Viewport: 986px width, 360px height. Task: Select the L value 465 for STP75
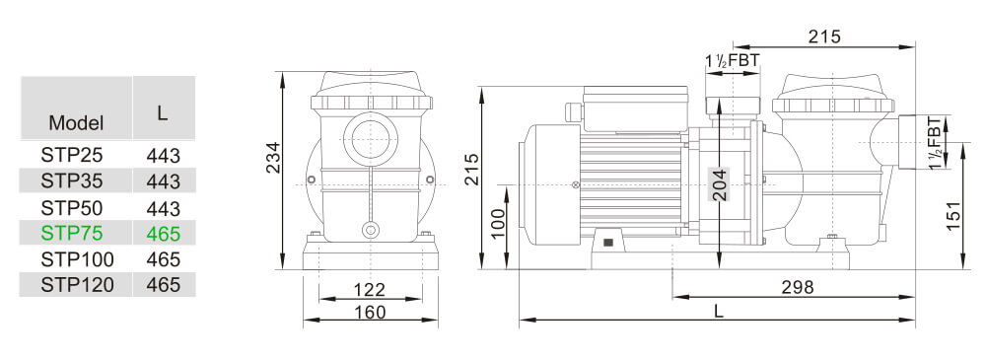coord(163,234)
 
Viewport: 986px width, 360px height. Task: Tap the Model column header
coord(76,123)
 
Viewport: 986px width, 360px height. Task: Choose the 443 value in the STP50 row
coord(163,208)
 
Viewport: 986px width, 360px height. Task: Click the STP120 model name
coord(77,285)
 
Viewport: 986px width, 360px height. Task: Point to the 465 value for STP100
coord(163,259)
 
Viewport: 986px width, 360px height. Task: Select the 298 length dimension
coord(796,287)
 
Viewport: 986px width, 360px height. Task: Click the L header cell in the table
coord(163,112)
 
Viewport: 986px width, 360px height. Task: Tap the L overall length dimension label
coord(719,311)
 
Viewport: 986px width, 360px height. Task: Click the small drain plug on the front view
coord(370,231)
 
